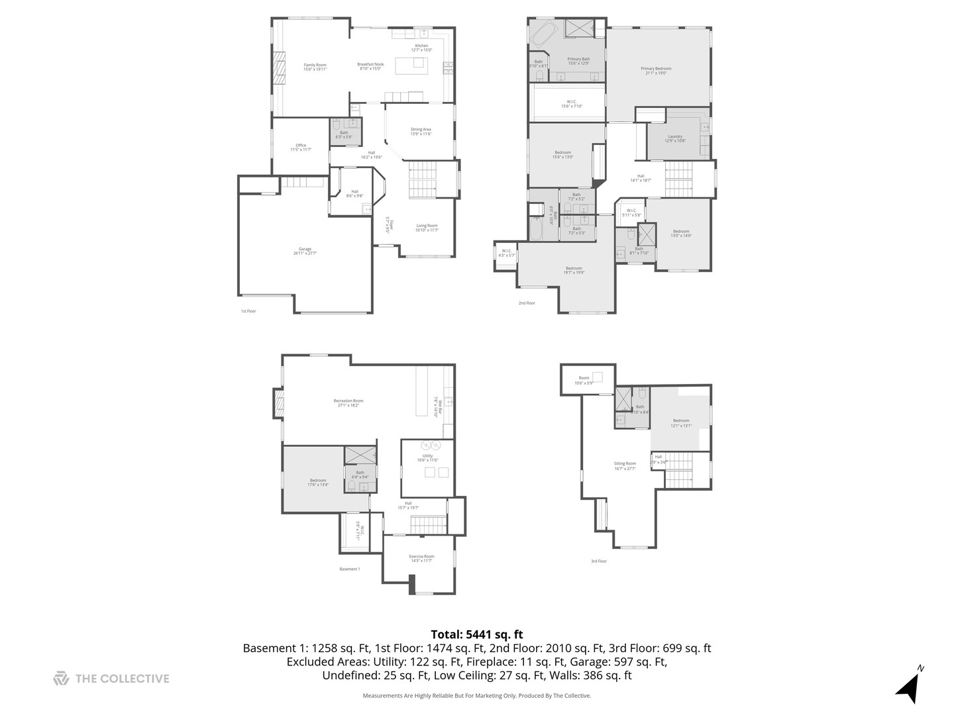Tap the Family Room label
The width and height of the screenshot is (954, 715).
point(315,67)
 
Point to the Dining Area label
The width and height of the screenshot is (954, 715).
point(421,131)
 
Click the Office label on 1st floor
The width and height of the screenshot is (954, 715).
point(301,147)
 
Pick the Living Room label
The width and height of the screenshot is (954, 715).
point(427,227)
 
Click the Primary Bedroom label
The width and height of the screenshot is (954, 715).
point(655,70)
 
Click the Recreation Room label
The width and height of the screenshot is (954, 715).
point(348,403)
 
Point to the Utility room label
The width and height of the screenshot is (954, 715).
point(427,457)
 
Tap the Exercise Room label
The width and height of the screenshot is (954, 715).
point(421,558)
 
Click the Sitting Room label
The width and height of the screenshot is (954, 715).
point(624,465)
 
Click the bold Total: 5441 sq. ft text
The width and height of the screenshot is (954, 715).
point(476,634)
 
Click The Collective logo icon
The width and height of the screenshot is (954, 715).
point(61,678)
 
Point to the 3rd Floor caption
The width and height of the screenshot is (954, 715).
point(598,561)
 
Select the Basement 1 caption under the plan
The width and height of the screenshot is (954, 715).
point(349,569)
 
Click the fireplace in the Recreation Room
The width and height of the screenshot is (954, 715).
point(278,404)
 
